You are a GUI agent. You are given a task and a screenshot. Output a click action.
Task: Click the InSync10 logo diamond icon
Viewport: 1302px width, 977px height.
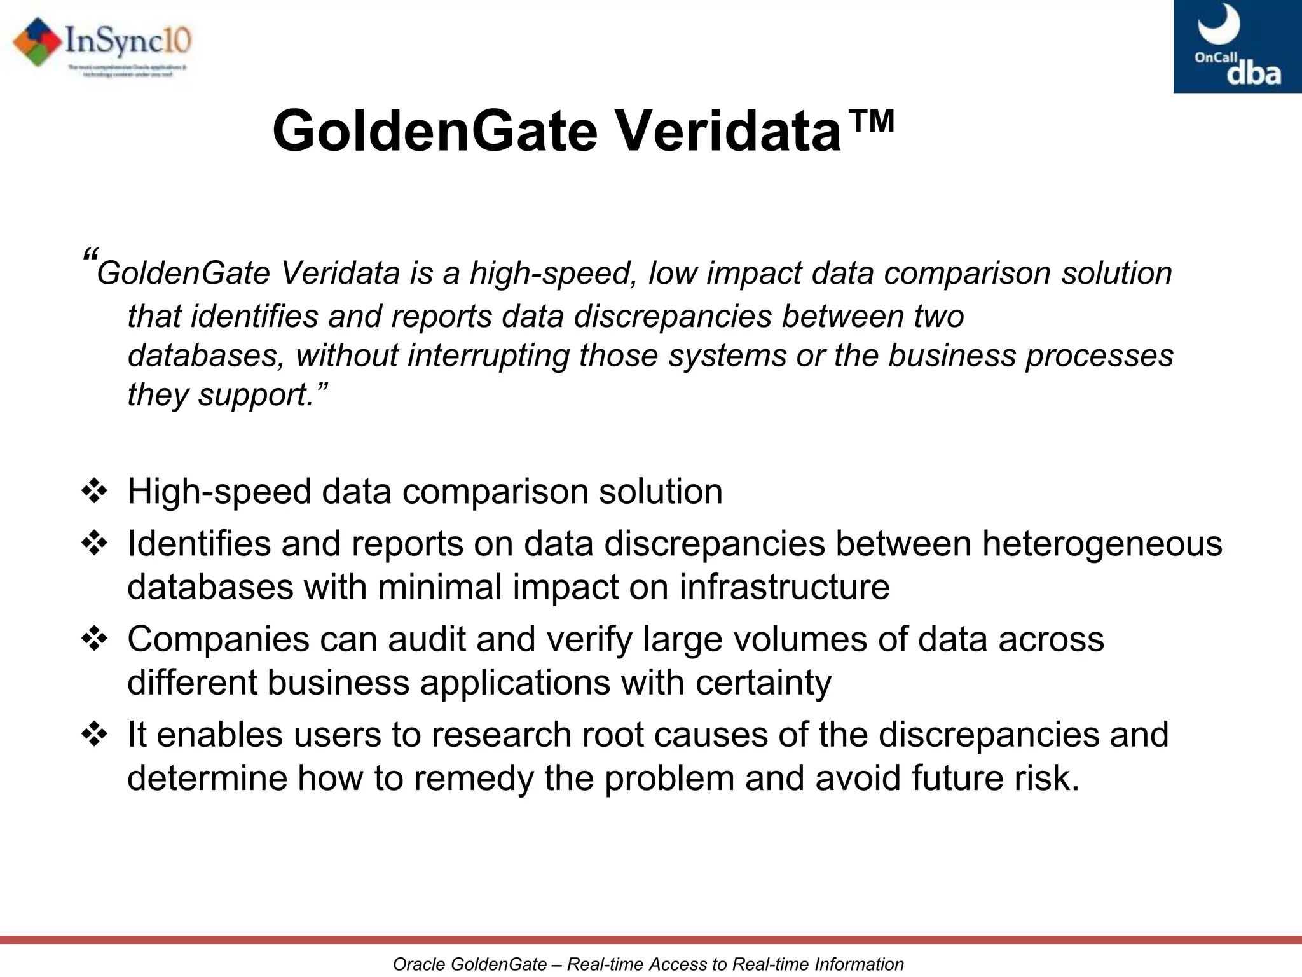click(37, 42)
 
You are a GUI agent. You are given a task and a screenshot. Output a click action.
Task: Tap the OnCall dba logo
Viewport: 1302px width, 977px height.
click(1237, 46)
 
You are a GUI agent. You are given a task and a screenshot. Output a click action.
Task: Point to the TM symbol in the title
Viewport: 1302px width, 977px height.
click(872, 120)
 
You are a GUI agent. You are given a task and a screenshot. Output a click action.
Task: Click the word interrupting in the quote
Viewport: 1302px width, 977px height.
click(488, 355)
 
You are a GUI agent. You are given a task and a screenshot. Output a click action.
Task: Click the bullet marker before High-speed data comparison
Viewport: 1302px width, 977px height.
click(95, 492)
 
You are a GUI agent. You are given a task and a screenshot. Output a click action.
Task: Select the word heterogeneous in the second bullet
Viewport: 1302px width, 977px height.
click(1101, 544)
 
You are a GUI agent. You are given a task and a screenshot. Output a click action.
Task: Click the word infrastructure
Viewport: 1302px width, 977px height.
click(784, 586)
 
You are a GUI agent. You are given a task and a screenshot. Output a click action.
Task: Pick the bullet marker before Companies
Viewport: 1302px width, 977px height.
click(95, 639)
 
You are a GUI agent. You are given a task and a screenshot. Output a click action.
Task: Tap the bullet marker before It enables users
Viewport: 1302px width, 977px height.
click(95, 735)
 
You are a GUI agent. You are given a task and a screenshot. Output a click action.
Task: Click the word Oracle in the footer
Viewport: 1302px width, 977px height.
click(418, 964)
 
